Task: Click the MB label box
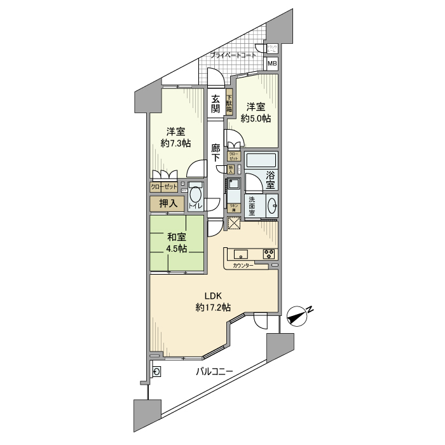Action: tap(271, 64)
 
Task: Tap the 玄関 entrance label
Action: tap(216, 104)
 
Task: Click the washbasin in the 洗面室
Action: tap(272, 205)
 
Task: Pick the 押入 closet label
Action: tap(167, 203)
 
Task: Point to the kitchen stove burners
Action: tap(270, 254)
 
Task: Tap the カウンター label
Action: tap(242, 265)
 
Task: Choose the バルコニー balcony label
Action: tap(214, 371)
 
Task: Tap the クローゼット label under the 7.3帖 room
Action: tap(164, 187)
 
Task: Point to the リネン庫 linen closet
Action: tap(233, 207)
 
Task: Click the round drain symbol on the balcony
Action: tap(157, 372)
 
